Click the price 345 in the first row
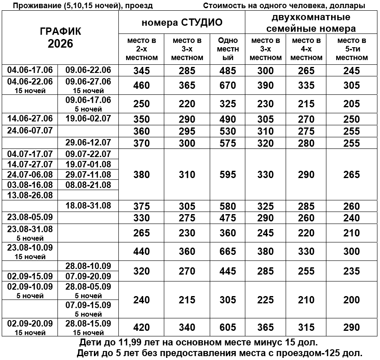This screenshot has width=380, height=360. pos(142,71)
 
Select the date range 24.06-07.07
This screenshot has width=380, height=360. pos(30,130)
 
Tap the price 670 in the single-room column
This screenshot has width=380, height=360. pos(227,85)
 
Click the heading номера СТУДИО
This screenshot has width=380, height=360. pos(182,22)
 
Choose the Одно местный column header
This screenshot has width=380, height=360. pos(227,49)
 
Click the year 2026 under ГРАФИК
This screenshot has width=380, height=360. pos(60,44)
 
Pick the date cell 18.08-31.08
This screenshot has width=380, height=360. pos(88,206)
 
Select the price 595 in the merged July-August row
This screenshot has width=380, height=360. pos(227,175)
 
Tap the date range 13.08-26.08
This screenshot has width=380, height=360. pos(30,195)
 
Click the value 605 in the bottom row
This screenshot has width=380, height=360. pos(227,327)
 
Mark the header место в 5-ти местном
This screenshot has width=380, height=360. pos(351,49)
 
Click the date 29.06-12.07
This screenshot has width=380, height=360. pos(88,142)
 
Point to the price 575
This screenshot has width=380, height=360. pos(227,143)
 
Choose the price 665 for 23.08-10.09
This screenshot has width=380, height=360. pos(227,252)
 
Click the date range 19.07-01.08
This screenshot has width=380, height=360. pos(88,164)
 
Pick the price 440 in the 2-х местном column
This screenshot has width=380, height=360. pos(142,252)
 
